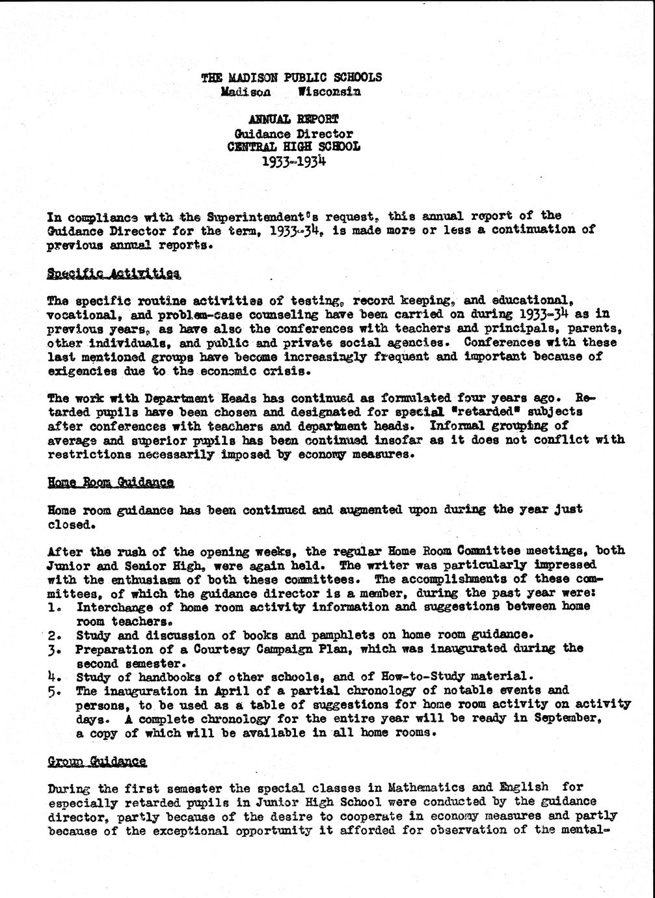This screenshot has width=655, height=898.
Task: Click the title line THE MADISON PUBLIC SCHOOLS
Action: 291,77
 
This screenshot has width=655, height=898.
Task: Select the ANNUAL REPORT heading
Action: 293,119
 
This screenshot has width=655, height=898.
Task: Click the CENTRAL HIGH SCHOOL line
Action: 293,146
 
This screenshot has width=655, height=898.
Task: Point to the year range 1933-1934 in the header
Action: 293,161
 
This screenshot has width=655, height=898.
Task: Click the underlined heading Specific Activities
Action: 114,273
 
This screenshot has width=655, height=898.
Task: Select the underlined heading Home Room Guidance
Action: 111,482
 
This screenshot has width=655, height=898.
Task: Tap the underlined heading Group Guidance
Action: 97,761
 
